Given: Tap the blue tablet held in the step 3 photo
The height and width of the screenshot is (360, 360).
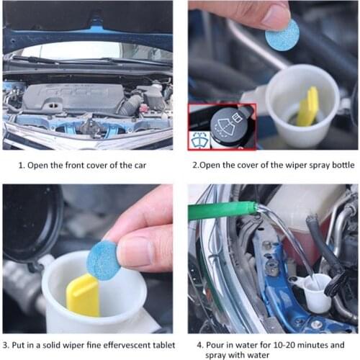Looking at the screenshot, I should (104, 260).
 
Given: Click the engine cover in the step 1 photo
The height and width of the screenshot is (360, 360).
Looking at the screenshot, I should (72, 97).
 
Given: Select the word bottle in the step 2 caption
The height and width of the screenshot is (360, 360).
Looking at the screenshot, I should (338, 165).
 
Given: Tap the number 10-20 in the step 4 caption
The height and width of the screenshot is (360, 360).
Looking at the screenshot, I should (287, 345).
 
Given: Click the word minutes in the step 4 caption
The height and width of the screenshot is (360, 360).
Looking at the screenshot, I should (321, 345).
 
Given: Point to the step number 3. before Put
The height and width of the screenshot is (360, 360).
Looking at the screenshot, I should (6, 345).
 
